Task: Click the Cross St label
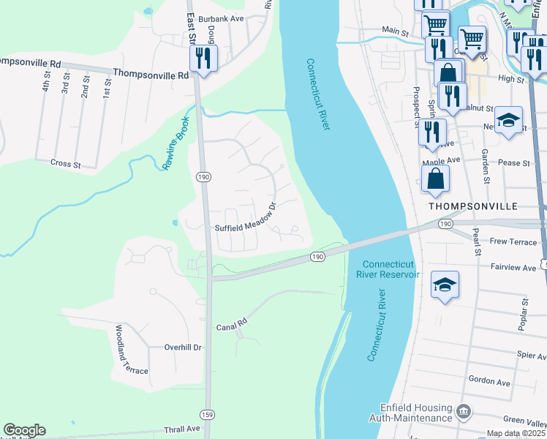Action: (66, 164)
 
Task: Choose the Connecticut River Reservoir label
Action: (388, 269)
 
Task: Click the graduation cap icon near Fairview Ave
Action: (445, 285)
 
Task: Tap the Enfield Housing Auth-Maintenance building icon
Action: (462, 411)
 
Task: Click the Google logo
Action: (24, 430)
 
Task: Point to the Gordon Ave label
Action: (489, 382)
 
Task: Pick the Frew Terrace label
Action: (513, 241)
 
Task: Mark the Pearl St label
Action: (476, 241)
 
